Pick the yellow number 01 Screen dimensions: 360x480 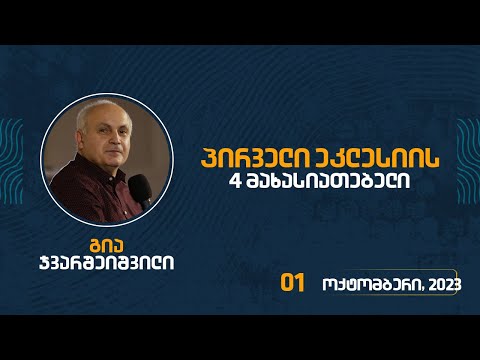pyautogui.click(x=292, y=283)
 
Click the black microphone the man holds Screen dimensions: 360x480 pyautogui.click(x=143, y=187)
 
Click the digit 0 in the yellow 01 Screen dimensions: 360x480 pyautogui.click(x=287, y=283)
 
